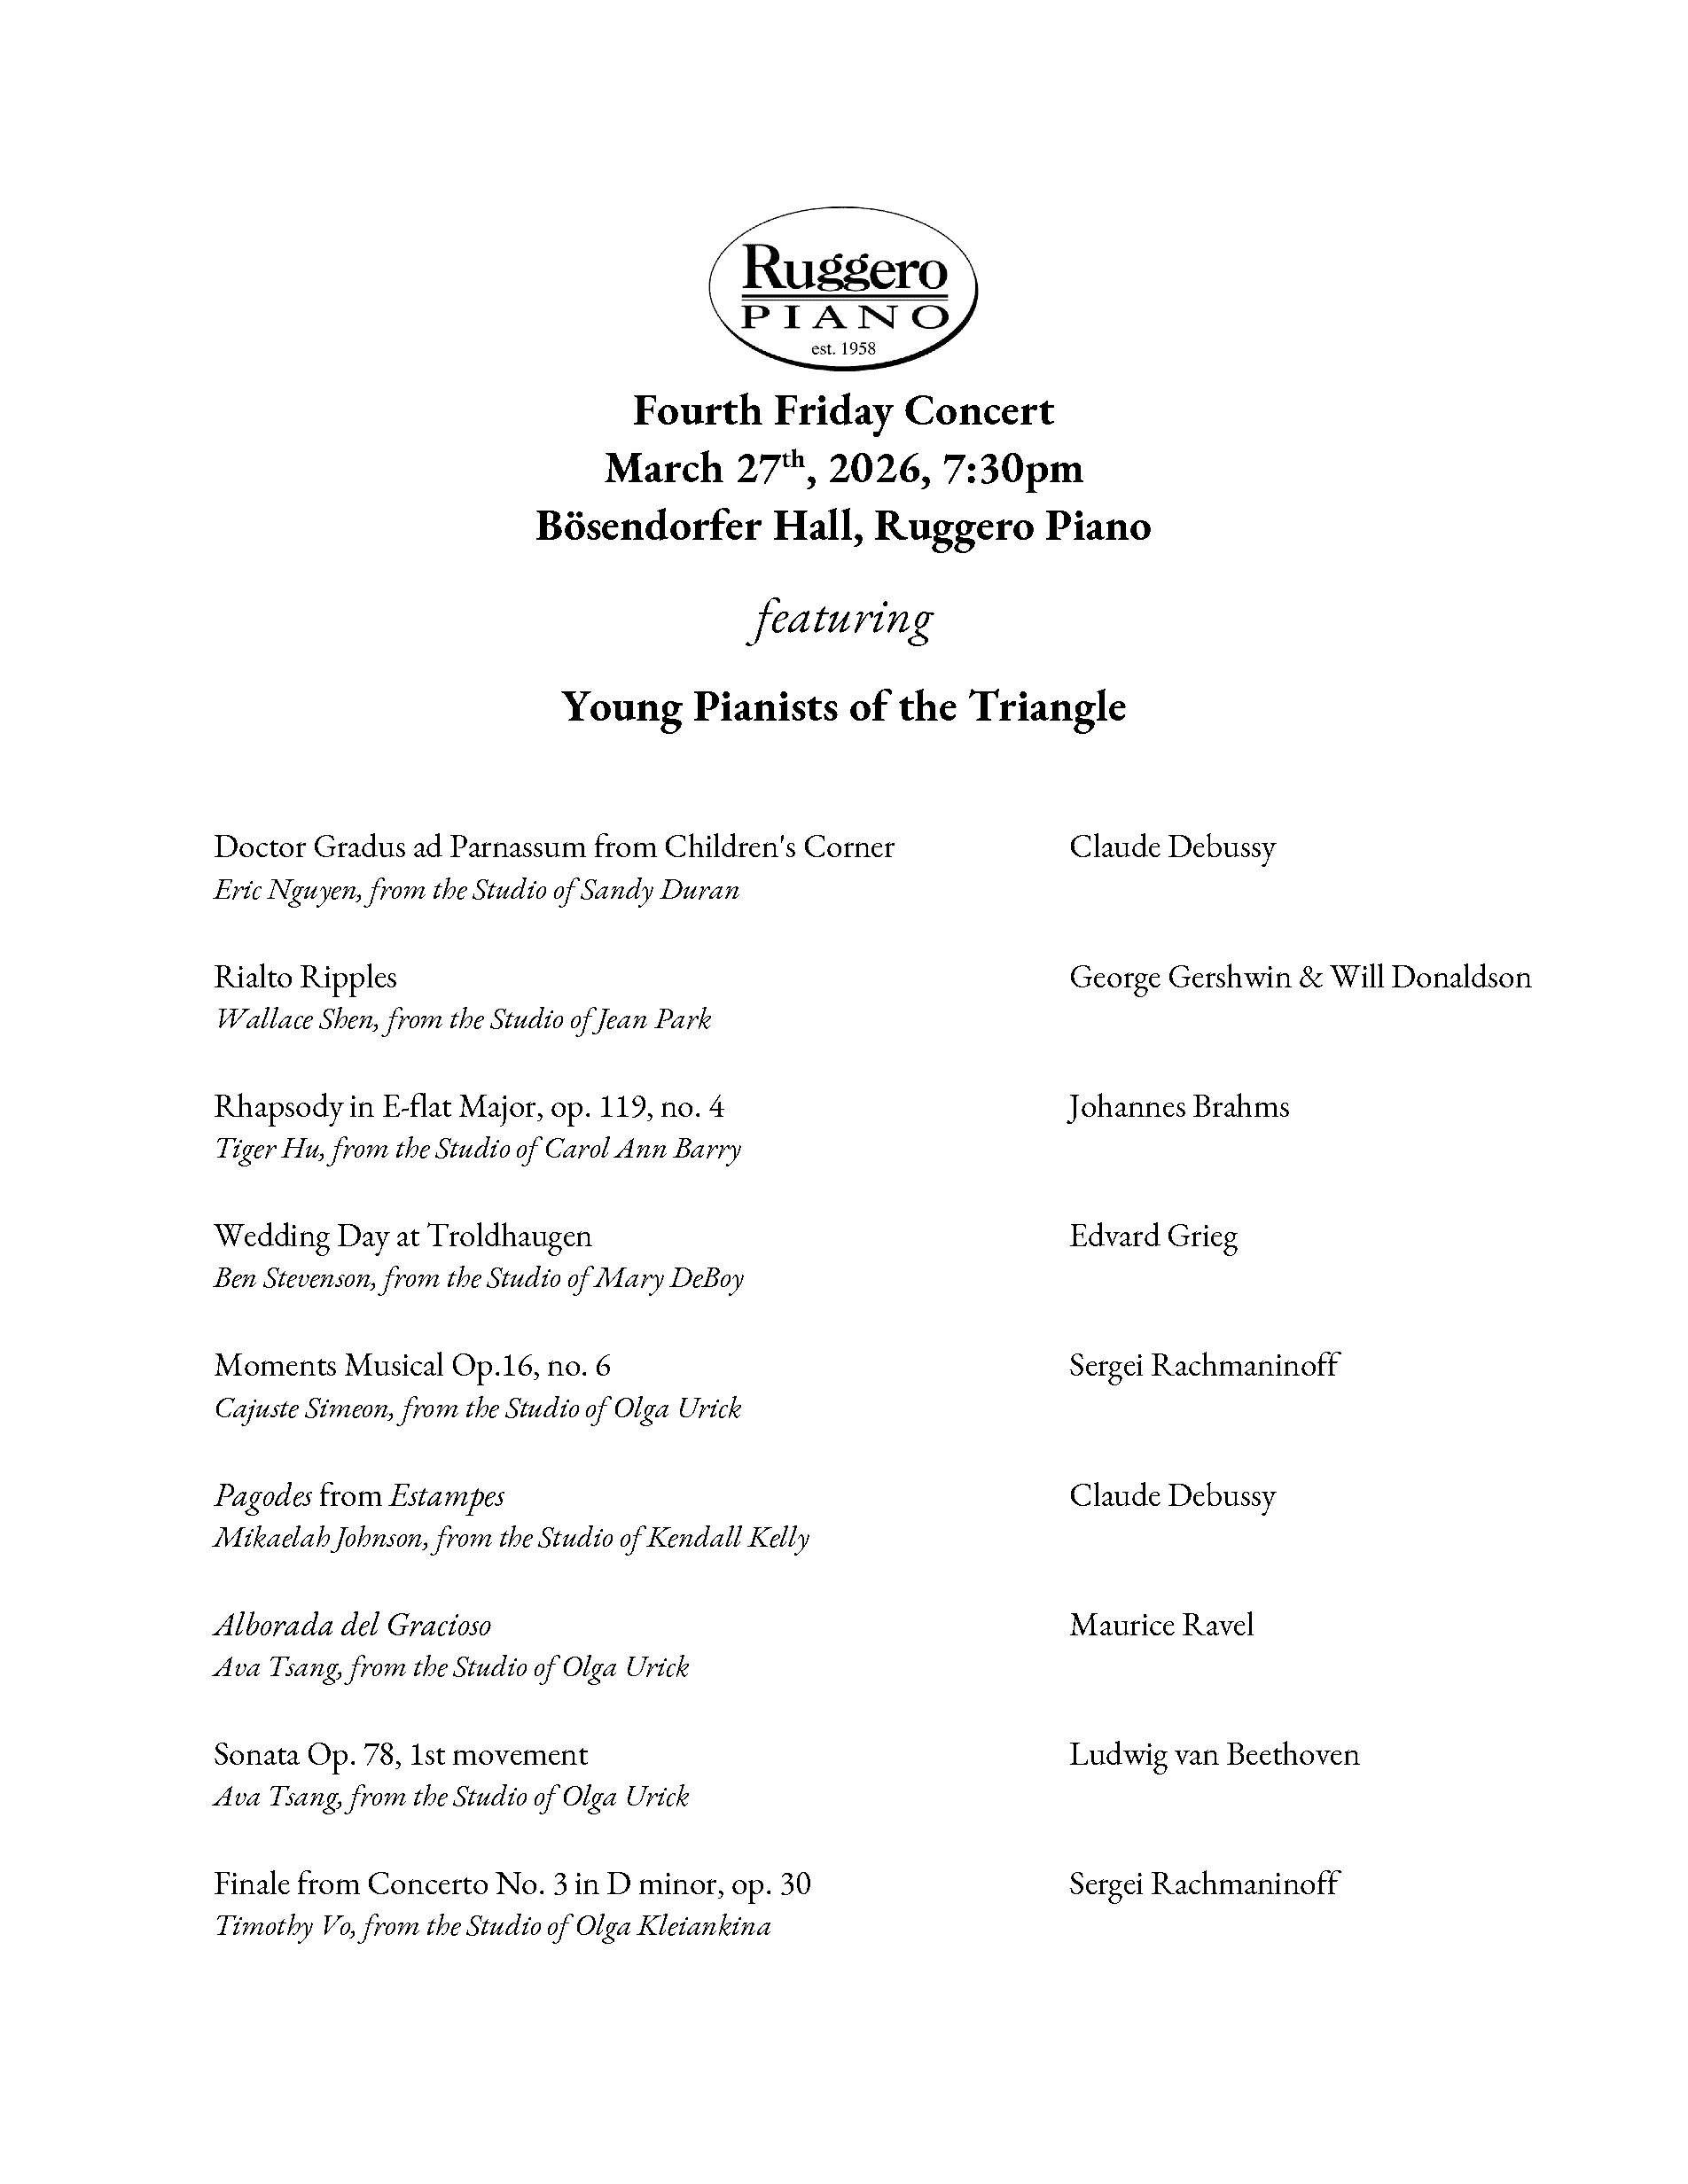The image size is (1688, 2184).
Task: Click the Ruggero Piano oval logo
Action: click(x=843, y=288)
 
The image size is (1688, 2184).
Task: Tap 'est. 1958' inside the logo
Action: click(x=843, y=349)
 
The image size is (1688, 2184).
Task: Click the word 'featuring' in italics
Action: click(x=841, y=619)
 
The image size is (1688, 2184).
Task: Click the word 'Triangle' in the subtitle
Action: click(x=1046, y=707)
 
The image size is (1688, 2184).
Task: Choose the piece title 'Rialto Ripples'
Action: click(x=305, y=977)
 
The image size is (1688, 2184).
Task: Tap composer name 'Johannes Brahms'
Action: click(x=1179, y=1107)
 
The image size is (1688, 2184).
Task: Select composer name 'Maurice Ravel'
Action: click(x=1161, y=1625)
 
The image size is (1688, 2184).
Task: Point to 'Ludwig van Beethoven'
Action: click(x=1214, y=1755)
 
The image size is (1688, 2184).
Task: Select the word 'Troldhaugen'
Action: click(x=509, y=1237)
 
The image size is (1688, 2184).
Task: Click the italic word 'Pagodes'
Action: click(x=263, y=1496)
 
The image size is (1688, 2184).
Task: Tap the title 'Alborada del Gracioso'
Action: click(x=352, y=1625)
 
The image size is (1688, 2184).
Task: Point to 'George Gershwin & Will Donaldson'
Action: click(x=1300, y=977)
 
